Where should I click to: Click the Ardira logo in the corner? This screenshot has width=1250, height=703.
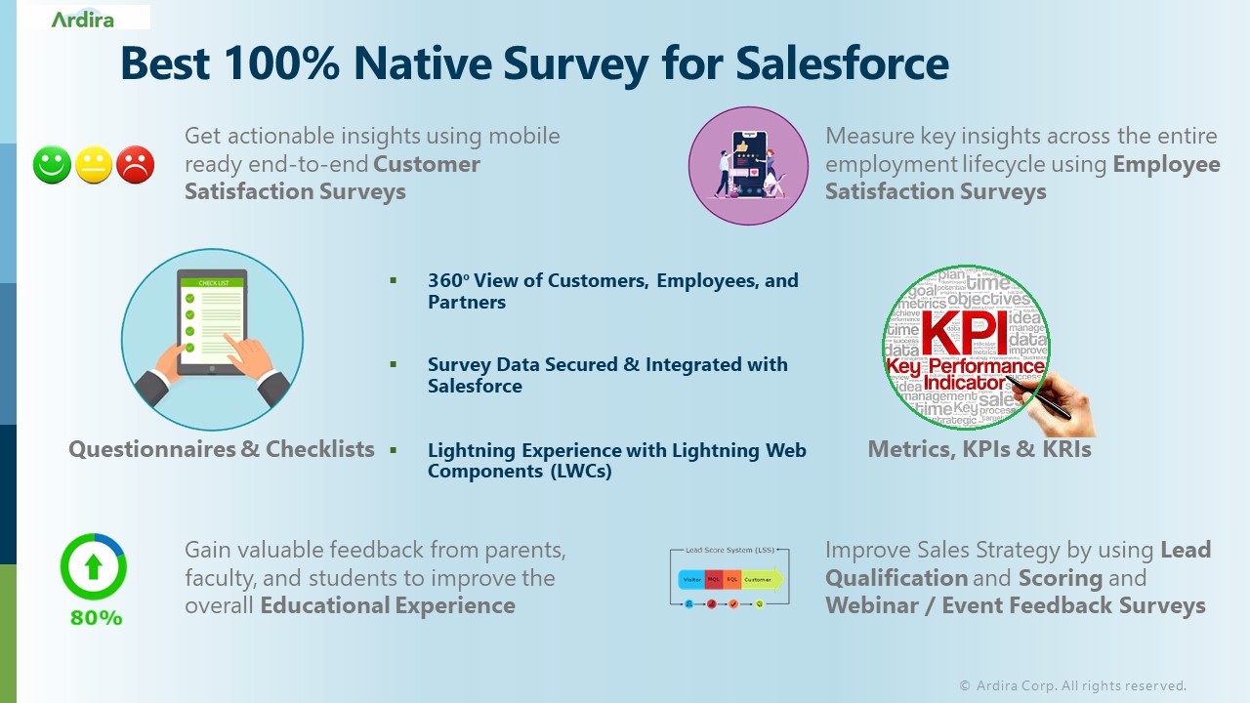[x=82, y=19]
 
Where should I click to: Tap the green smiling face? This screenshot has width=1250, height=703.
[x=52, y=164]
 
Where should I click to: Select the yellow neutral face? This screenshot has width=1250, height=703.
[x=94, y=165]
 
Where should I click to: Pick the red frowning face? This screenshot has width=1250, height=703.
[x=136, y=165]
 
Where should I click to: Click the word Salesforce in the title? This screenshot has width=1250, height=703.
[x=842, y=62]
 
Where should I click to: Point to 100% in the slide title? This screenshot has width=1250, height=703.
[x=281, y=62]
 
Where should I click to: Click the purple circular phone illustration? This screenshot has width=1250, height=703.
[x=748, y=166]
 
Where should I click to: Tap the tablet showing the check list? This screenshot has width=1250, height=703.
[x=211, y=322]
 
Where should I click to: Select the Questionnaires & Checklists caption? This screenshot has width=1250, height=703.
[x=222, y=449]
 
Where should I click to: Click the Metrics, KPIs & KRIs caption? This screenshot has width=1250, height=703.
[x=979, y=449]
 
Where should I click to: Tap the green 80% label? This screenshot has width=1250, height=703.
[x=96, y=618]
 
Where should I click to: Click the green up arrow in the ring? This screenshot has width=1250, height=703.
[x=94, y=566]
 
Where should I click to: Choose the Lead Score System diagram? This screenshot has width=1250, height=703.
[x=729, y=578]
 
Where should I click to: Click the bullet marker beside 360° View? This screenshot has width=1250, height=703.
[x=394, y=280]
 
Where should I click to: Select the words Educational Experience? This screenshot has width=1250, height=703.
[x=388, y=605]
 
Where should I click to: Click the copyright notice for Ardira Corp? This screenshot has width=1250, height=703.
[x=1072, y=685]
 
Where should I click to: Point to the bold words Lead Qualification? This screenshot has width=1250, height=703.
[x=1019, y=563]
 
